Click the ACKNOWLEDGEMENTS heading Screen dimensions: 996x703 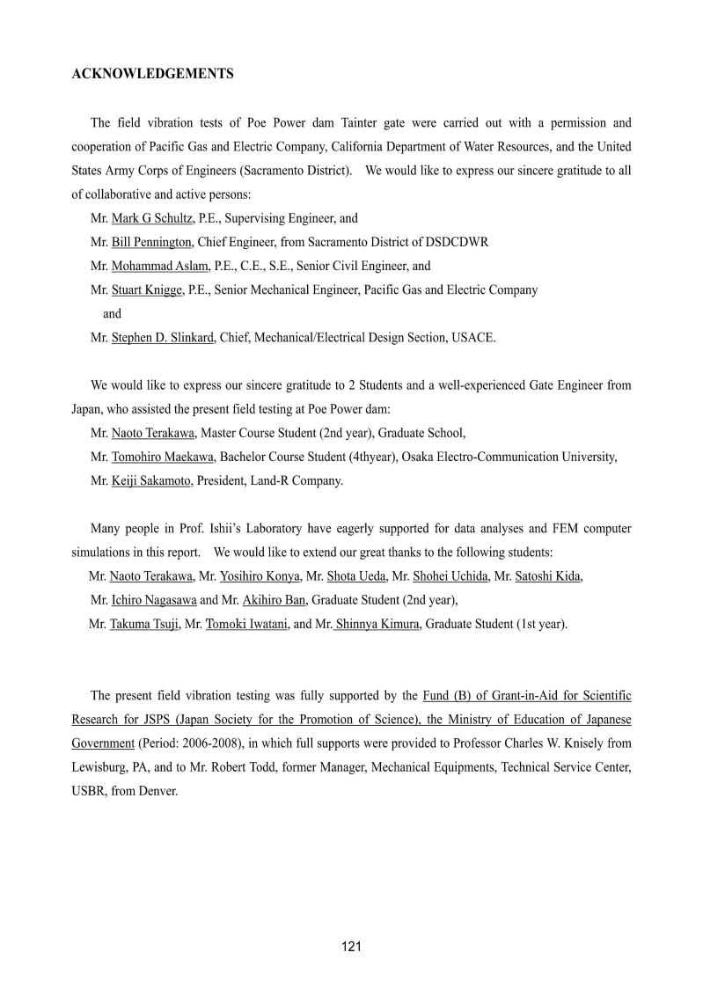152,75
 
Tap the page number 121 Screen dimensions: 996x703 352,947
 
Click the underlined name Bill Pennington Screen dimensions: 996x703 151,242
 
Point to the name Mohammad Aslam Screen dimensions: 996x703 159,266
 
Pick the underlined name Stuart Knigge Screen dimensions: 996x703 147,289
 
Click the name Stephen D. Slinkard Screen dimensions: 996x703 163,337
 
